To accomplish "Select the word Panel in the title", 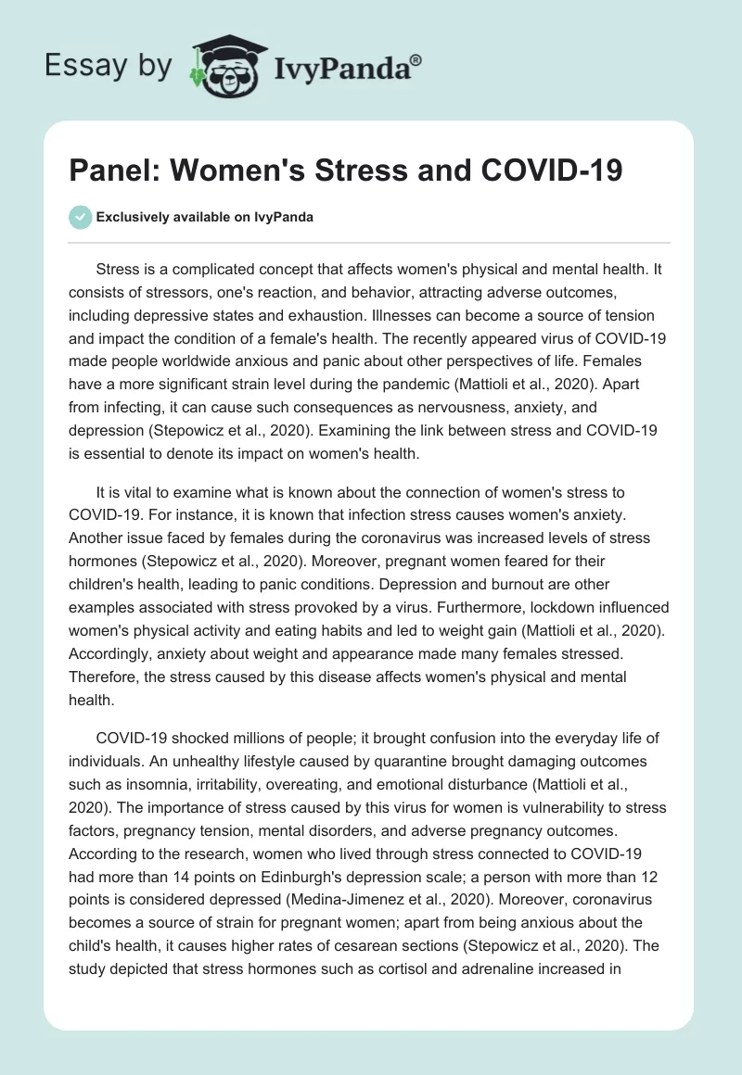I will click(x=112, y=172).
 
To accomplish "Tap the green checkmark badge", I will click(x=80, y=217).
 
